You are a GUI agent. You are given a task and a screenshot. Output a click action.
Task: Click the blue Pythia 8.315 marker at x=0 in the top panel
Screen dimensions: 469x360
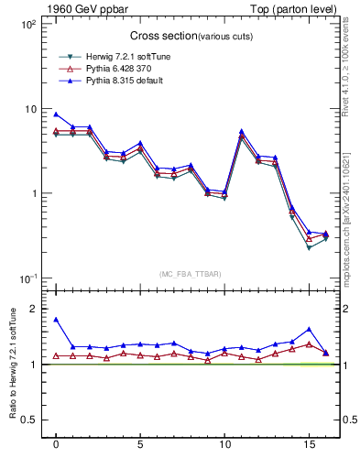click(x=56, y=115)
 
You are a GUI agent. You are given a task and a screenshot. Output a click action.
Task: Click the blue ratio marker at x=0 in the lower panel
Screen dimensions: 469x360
click(x=56, y=320)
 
